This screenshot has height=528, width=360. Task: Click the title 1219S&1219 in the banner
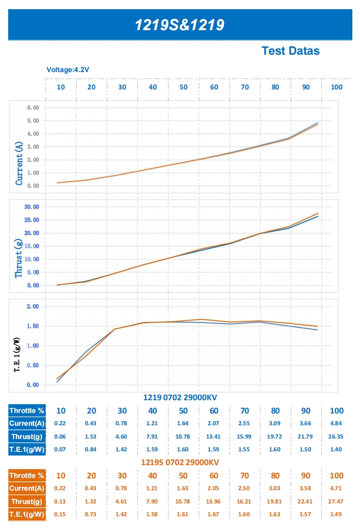(x=179, y=25)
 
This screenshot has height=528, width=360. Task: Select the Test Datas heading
(x=290, y=51)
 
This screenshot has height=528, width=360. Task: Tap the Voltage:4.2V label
(x=68, y=70)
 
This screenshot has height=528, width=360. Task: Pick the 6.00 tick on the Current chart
(x=32, y=108)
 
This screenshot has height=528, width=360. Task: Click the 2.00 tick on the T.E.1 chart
(x=32, y=307)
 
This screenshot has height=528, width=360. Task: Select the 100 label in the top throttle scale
(x=336, y=87)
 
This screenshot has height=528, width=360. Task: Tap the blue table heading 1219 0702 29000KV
(x=180, y=397)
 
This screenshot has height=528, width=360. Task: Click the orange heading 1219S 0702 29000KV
(x=180, y=462)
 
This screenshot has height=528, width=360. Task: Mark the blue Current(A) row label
(x=27, y=423)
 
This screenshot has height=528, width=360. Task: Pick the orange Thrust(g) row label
(x=27, y=501)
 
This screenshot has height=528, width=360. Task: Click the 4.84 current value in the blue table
(x=336, y=423)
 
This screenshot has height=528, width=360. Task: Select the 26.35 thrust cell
(x=336, y=437)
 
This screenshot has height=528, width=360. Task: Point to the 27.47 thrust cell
(x=336, y=501)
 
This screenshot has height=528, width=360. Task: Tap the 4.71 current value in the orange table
(x=336, y=489)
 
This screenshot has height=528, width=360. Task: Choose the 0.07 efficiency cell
(x=61, y=449)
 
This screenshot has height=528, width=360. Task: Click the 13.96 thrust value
(x=214, y=501)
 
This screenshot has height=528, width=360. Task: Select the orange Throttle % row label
(x=27, y=476)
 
